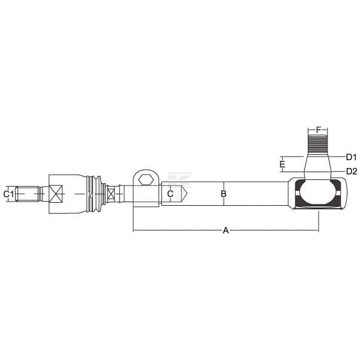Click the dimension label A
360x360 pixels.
(226, 230)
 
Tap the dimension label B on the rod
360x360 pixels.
(223, 194)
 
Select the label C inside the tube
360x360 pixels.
(170, 194)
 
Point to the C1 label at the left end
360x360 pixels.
(8, 194)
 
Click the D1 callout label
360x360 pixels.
(351, 157)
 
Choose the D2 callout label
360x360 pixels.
(352, 171)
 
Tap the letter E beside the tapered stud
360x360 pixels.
(283, 164)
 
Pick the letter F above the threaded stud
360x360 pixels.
(318, 130)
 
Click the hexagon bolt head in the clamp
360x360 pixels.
(146, 180)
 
